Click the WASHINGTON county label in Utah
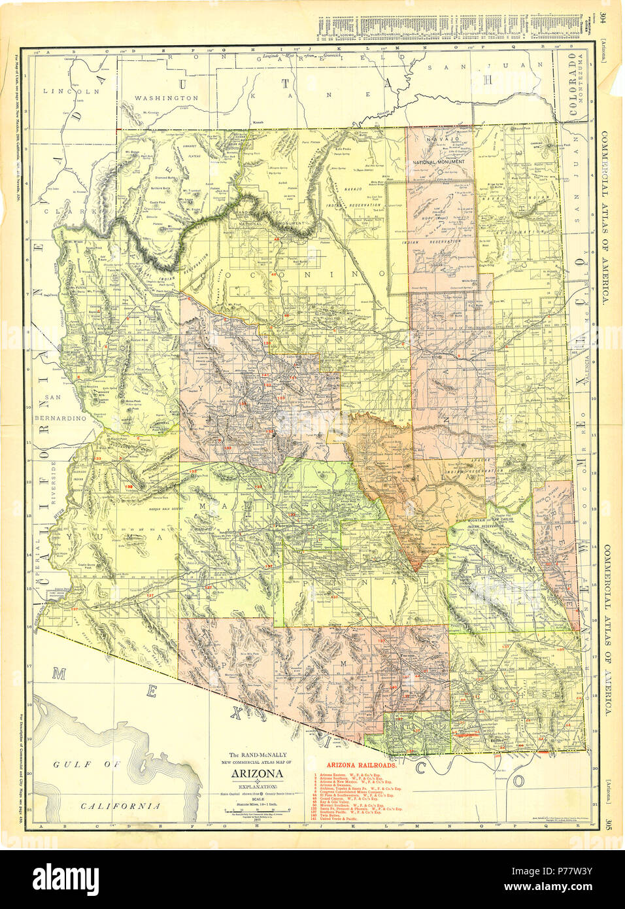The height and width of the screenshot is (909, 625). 166,97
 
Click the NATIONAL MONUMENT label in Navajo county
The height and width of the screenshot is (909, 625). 439,161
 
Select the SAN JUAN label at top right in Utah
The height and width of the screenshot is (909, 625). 454,66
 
